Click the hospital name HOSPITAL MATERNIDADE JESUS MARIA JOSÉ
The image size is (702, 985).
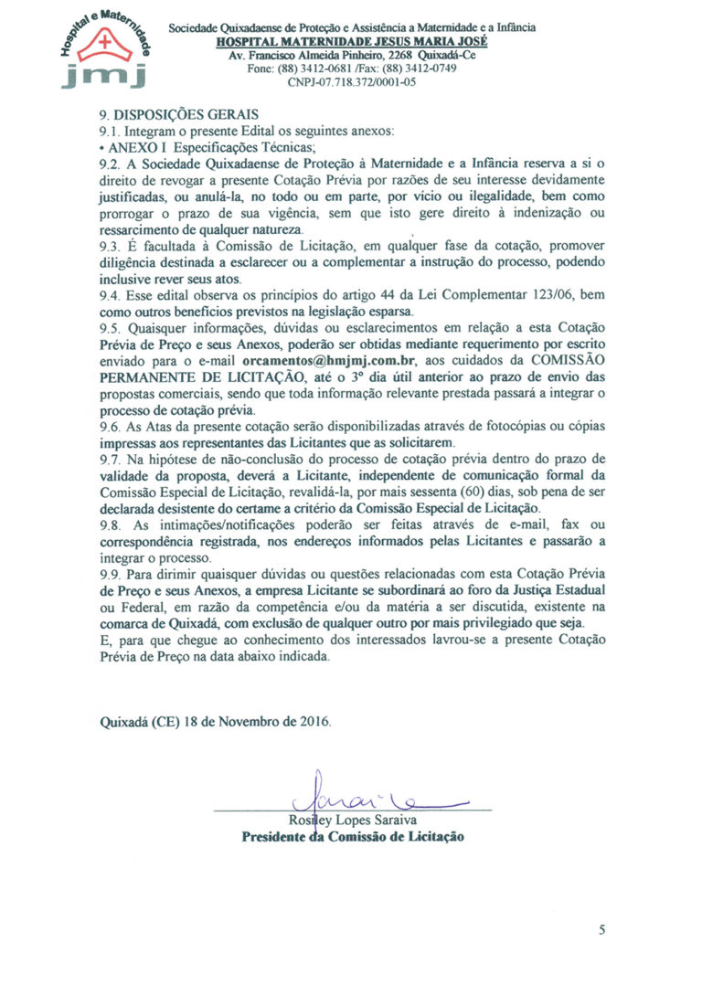point(352,42)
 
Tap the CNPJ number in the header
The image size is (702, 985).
point(352,81)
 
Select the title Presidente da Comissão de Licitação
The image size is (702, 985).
point(352,836)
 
